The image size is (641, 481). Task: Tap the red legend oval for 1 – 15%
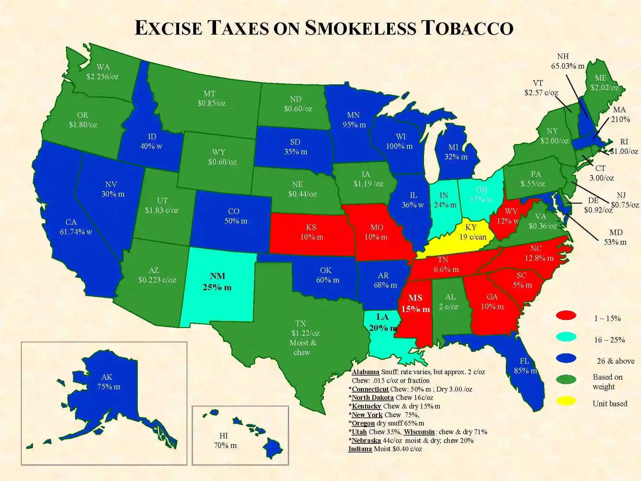coord(566,315)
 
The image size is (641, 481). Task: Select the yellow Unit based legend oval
coord(566,401)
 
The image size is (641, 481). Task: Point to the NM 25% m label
coord(217,282)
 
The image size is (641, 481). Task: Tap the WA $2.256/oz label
coord(103,72)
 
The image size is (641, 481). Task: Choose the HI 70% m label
coord(225,441)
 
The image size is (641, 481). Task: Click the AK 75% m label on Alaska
coord(108,382)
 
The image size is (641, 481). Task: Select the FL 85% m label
coord(525,366)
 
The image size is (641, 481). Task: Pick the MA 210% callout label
coord(620,114)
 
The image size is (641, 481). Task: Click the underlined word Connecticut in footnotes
coord(370,389)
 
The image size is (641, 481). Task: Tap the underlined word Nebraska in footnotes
coord(366,441)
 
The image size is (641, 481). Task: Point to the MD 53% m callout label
coord(615,237)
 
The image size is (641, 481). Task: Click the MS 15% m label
coord(415,303)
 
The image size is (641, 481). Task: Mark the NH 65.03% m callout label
coord(567,61)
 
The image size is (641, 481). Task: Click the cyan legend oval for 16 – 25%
coord(566,337)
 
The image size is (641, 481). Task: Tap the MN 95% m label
coord(354,120)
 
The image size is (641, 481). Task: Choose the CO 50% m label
coord(235,216)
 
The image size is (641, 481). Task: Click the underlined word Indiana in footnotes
coord(360,449)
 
